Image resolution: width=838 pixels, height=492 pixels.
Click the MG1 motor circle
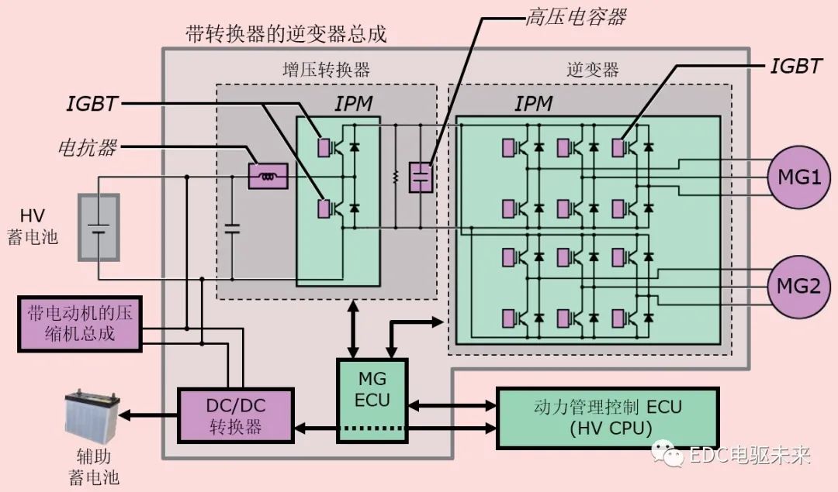point(798,177)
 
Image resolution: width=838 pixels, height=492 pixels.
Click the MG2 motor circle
point(798,287)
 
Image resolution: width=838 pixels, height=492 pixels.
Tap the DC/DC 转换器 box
point(236,416)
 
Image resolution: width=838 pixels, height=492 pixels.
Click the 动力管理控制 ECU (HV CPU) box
point(608,418)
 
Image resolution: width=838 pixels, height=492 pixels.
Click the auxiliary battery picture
point(92,416)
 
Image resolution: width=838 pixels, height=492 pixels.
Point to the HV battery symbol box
point(99,228)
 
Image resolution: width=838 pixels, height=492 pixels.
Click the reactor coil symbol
point(268,177)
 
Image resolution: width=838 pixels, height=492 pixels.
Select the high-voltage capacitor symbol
point(420,177)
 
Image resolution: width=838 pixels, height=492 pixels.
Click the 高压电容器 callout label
point(575,17)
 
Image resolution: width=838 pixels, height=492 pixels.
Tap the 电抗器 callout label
point(87,147)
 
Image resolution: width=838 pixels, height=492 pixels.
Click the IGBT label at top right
point(795,67)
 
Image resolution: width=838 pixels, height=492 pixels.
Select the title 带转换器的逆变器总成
point(286,34)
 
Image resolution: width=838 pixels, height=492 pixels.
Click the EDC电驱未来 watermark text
point(750,456)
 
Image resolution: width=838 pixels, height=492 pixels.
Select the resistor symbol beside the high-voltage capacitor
point(395,177)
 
